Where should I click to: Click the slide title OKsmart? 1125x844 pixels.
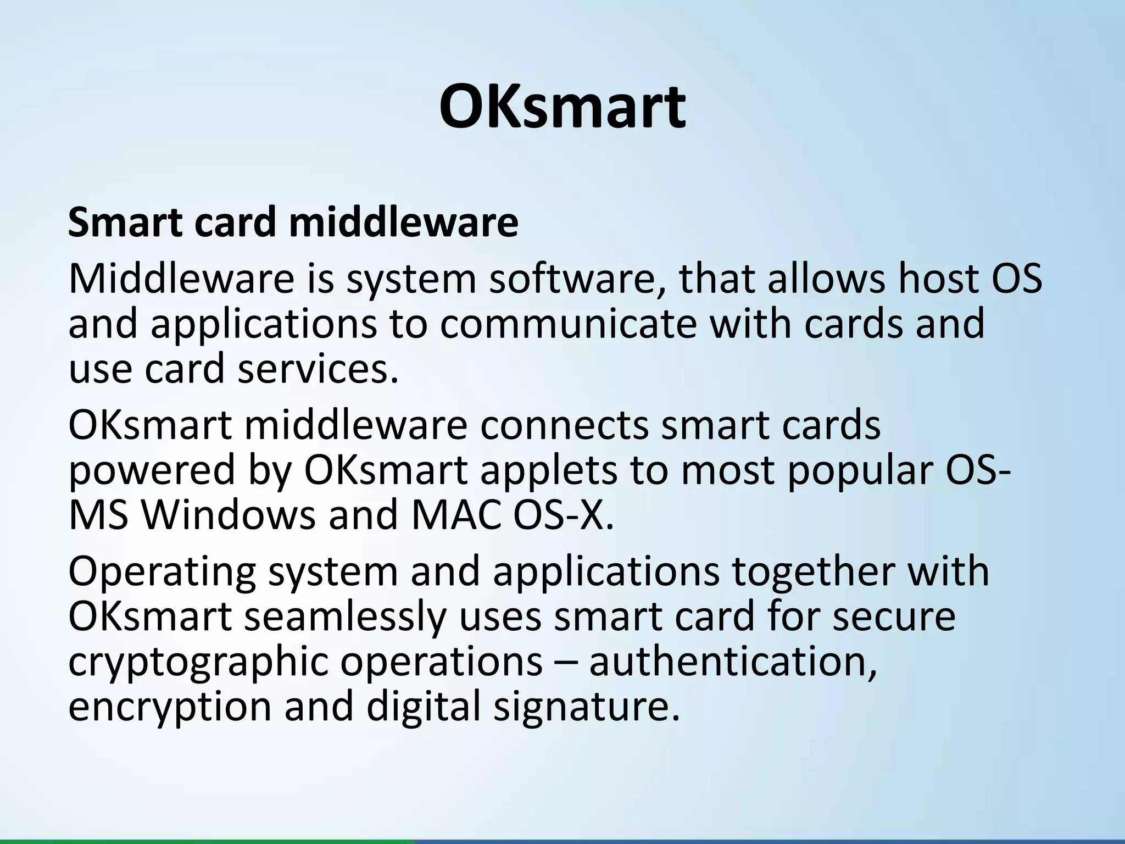coord(562,106)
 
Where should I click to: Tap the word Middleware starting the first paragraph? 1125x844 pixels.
coord(181,279)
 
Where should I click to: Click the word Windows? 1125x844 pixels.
coord(228,515)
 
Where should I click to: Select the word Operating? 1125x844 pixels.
coord(162,571)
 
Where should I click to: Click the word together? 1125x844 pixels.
coord(812,571)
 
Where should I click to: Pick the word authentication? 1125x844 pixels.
coord(733,662)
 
